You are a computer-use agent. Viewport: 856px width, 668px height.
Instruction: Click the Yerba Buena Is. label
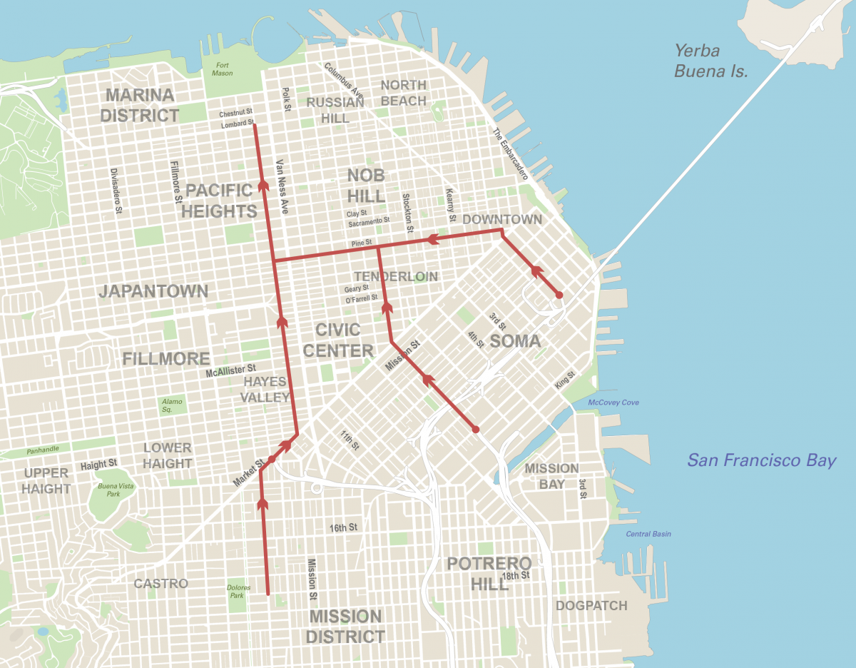tap(710, 61)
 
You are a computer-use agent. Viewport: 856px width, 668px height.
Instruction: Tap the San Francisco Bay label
tap(761, 460)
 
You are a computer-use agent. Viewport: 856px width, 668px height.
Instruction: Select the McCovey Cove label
tap(613, 403)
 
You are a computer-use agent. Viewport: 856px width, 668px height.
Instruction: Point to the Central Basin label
tap(648, 534)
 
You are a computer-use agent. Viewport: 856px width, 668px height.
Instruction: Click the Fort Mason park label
tap(223, 69)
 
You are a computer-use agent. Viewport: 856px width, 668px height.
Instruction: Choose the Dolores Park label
tap(238, 592)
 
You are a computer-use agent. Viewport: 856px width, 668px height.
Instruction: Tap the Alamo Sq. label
tap(171, 405)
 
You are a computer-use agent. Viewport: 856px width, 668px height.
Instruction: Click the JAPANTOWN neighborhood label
tap(153, 291)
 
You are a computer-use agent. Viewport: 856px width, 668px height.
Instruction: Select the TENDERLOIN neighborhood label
tap(396, 276)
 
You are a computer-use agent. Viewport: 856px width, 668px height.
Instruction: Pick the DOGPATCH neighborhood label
tap(591, 606)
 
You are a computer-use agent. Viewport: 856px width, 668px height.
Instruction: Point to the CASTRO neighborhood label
tap(161, 584)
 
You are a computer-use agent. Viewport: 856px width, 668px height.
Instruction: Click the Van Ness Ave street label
tap(282, 187)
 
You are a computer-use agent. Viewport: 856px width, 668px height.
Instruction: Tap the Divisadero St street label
tap(116, 192)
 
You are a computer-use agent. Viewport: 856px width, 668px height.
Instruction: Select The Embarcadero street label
tap(509, 154)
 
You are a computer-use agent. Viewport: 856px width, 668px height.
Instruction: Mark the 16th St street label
tap(342, 528)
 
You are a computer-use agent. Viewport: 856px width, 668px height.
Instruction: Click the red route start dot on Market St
tap(271, 460)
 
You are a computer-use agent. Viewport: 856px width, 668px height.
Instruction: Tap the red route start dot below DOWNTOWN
tap(559, 295)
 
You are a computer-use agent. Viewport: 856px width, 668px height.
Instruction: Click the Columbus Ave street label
tap(344, 81)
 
